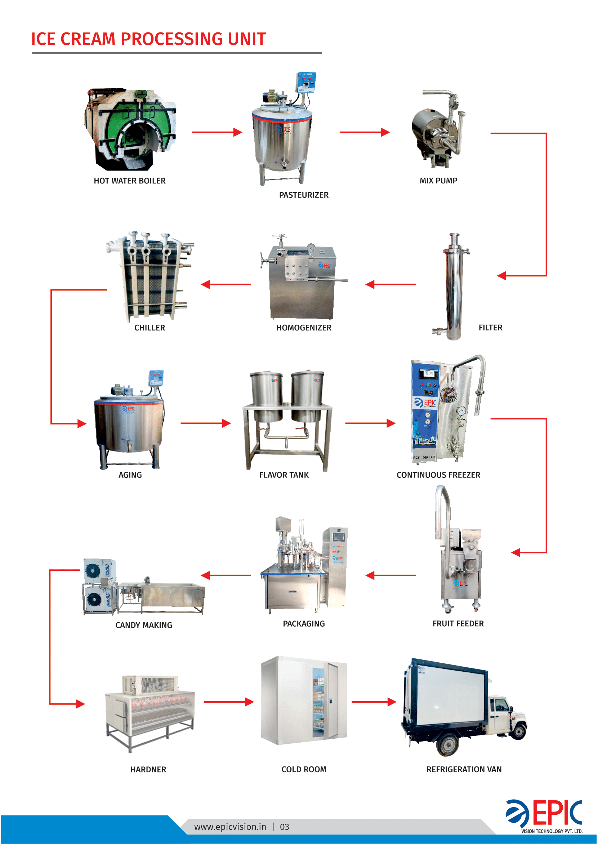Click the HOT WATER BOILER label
[130, 181]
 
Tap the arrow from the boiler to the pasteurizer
[217, 132]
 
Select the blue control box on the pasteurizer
[306, 82]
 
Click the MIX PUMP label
[438, 181]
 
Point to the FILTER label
[490, 328]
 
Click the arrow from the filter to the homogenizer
[390, 284]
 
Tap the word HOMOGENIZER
[304, 328]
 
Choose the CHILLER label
[149, 328]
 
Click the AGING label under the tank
[130, 475]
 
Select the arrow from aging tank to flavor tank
[205, 424]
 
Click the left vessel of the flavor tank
[266, 396]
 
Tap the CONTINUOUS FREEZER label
[438, 475]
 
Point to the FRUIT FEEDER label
[458, 624]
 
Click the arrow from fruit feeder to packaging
[390, 575]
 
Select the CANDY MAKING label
[144, 625]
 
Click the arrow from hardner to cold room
[228, 702]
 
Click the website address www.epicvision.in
[230, 827]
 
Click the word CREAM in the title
[88, 39]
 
